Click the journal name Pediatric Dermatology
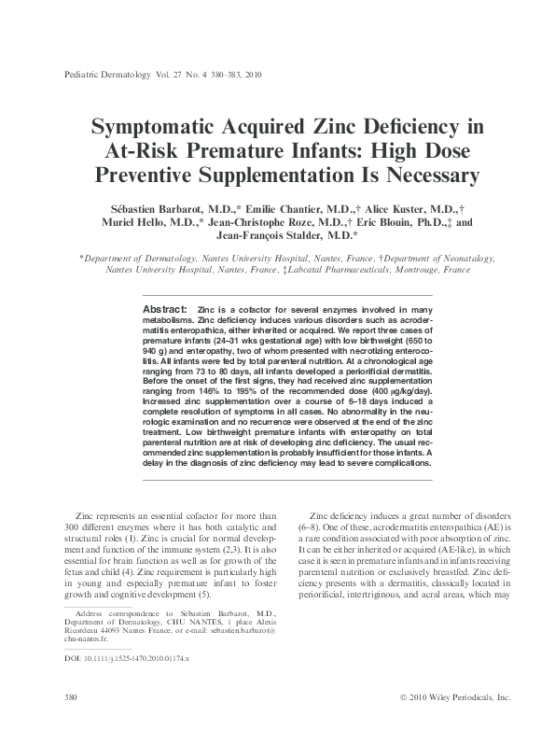click(x=105, y=77)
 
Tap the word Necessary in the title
click(x=400, y=175)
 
